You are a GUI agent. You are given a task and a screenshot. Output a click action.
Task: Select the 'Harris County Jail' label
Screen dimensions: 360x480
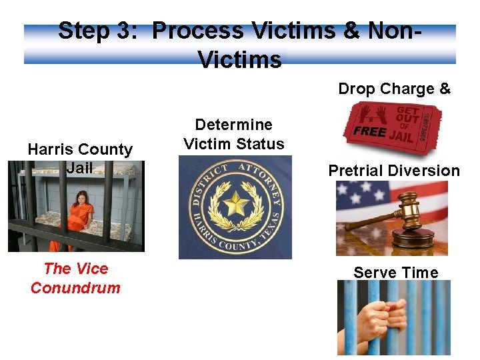click(80, 159)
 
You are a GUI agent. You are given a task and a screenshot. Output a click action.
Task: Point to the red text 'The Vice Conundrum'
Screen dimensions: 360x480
click(75, 278)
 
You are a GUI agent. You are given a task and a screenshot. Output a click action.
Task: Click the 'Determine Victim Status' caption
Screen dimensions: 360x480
click(233, 134)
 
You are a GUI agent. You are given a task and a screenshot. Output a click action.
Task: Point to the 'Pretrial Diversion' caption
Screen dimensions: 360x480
click(394, 171)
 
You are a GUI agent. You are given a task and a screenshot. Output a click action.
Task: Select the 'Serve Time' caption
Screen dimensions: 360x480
click(395, 273)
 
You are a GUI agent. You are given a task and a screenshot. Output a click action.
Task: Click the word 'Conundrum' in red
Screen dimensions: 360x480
click(75, 288)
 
